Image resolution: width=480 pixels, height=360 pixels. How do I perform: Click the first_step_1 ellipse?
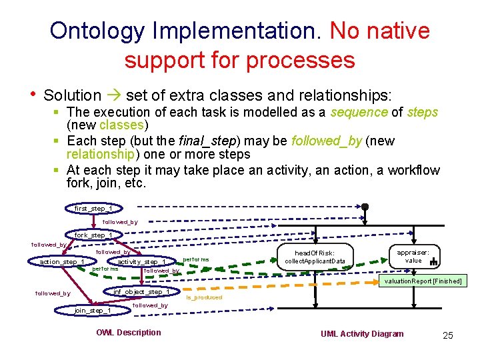[93, 209]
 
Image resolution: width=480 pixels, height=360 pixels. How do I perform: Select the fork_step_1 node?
[93, 235]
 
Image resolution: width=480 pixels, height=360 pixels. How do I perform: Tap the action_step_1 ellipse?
[61, 261]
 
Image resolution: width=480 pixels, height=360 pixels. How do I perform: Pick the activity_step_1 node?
[141, 261]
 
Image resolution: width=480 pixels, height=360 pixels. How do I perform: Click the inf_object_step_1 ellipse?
[141, 291]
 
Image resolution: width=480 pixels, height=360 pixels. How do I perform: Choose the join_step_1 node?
[93, 310]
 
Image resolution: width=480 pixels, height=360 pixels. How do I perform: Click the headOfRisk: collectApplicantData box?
[315, 257]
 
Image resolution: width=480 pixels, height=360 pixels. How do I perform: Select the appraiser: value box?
[414, 256]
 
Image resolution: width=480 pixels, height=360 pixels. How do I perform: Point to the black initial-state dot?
[365, 207]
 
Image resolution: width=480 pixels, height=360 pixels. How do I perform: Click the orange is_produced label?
[204, 297]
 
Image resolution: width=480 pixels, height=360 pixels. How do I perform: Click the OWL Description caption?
[129, 333]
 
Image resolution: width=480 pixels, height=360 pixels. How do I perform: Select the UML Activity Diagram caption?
[362, 333]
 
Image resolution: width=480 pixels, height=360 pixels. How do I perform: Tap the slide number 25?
[447, 335]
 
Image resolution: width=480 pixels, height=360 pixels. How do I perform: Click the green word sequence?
[358, 112]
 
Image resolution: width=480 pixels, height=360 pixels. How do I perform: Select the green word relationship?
[101, 154]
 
